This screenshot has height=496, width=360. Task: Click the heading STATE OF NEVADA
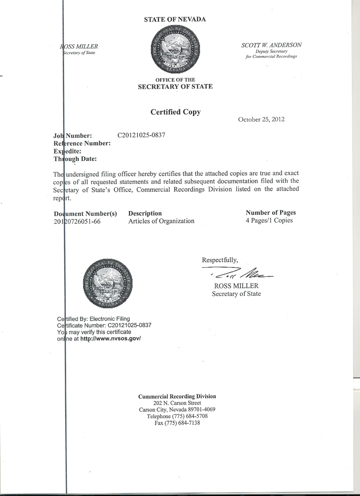point(175,19)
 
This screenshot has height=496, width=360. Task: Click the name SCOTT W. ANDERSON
point(271,45)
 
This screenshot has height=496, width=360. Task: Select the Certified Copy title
point(175,112)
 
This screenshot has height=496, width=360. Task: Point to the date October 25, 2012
point(261,120)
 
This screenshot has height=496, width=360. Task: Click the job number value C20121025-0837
point(141,135)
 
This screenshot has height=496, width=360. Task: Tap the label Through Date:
point(75,159)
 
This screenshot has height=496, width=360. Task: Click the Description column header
point(145,213)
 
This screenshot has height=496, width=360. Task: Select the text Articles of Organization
point(161,221)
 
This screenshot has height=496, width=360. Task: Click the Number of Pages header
point(271,212)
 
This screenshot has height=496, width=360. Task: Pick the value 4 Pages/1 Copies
point(269,220)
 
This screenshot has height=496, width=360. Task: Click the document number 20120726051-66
point(77,221)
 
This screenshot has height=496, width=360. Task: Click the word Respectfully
point(220,260)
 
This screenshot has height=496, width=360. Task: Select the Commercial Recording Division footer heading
point(177,396)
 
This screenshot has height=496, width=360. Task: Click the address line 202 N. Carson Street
point(177,403)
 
